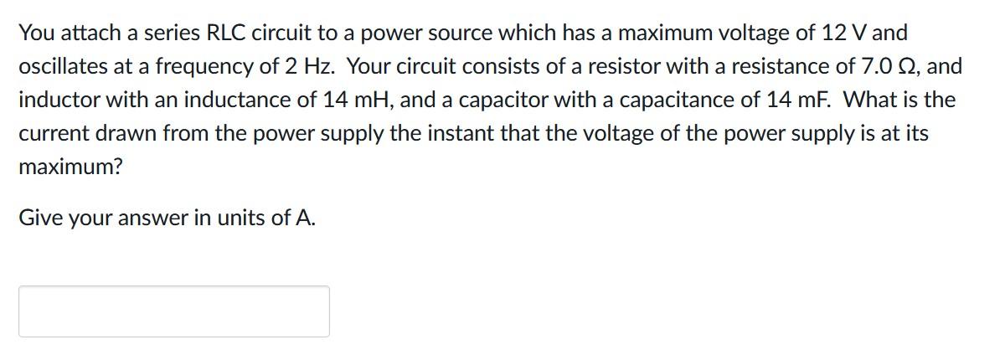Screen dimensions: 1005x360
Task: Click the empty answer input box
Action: coord(174,311)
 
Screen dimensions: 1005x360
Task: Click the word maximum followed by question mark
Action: coord(70,167)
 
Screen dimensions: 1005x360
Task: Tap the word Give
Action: coord(39,219)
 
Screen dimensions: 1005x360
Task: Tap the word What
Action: coord(872,100)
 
